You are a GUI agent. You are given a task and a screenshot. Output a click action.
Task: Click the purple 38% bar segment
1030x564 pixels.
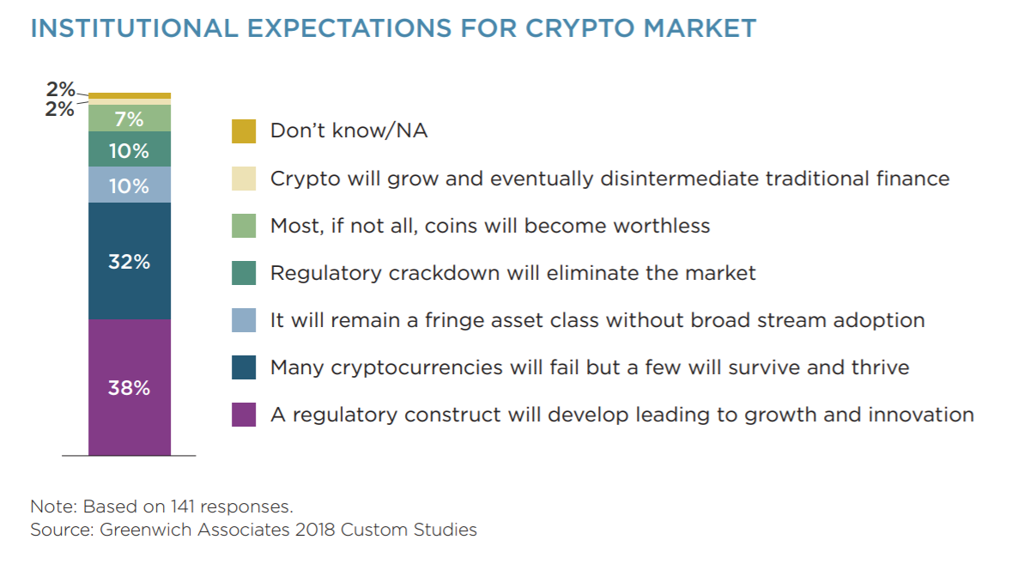(x=130, y=387)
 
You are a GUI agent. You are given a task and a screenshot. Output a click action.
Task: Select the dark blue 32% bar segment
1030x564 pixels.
(x=130, y=261)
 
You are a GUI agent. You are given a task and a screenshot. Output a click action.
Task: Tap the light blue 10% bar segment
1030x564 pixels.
(x=130, y=185)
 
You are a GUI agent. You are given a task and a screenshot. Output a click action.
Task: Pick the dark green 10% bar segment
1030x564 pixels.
(x=130, y=149)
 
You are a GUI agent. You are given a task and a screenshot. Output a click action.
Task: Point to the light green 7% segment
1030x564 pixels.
(x=130, y=118)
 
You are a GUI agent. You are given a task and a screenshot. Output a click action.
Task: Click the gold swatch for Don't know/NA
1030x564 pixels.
(x=244, y=131)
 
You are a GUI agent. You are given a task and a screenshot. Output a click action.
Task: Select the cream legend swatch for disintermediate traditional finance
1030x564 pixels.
(x=244, y=179)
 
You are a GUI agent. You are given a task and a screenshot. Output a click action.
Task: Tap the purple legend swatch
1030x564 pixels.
(x=244, y=415)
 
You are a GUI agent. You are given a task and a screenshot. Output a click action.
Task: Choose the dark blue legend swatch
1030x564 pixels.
(x=244, y=367)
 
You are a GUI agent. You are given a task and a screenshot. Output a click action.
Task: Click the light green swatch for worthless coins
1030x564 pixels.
(x=244, y=226)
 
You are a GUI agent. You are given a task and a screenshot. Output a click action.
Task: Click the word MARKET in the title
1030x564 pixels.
(x=700, y=28)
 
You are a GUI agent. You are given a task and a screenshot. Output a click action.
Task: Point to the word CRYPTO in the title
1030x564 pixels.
(x=580, y=28)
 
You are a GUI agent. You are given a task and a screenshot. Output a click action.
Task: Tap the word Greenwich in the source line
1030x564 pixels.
(x=146, y=530)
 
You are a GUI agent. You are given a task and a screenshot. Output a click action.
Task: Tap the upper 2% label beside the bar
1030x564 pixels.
(x=60, y=88)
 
